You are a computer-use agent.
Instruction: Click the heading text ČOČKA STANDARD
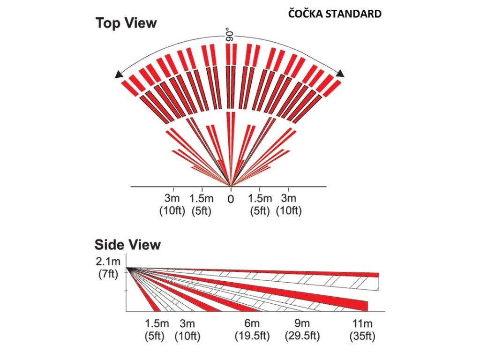[335, 14]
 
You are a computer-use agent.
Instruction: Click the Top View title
[126, 23]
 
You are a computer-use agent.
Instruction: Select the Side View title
[127, 244]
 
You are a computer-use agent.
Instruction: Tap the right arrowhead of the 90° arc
[340, 73]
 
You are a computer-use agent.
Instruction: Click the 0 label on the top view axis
[231, 198]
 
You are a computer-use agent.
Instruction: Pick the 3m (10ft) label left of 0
[172, 204]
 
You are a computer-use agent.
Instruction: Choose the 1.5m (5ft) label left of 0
[202, 204]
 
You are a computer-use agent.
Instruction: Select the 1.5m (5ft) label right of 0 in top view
[260, 204]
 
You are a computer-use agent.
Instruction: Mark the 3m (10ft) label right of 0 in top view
[288, 204]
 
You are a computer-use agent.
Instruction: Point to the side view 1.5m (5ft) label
[157, 330]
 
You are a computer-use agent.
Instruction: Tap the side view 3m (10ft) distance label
[187, 330]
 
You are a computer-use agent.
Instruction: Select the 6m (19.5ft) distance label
[252, 330]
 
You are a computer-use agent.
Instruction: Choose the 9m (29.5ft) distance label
[302, 330]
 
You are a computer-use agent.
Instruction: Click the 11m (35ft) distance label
[362, 330]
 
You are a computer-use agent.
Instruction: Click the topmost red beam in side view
[328, 273]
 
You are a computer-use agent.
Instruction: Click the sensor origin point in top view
[230, 185]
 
